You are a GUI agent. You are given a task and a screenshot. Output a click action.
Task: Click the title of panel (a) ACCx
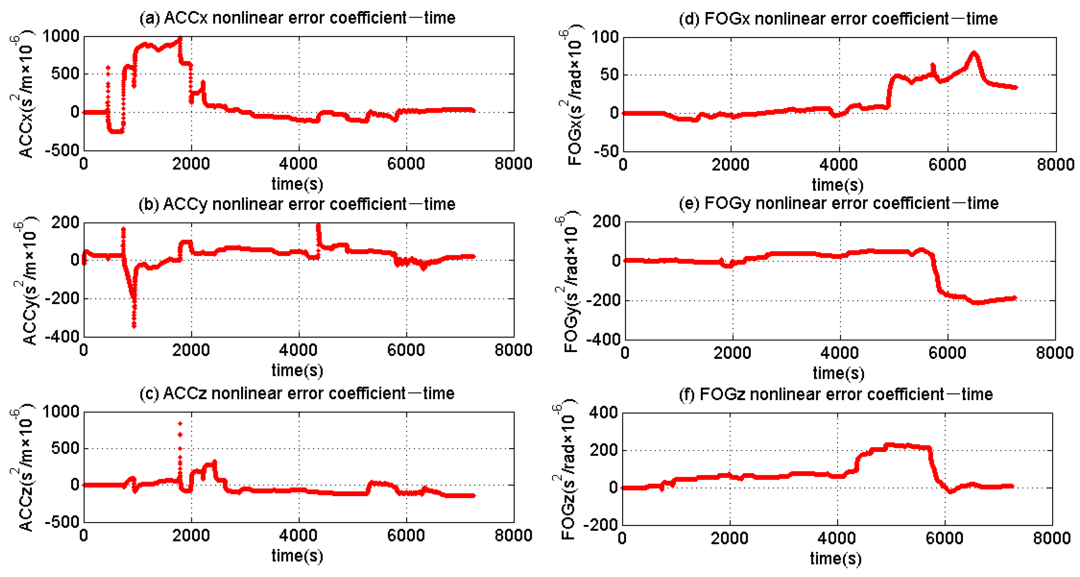(x=297, y=18)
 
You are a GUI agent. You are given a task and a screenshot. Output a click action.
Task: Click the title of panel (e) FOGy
(x=839, y=203)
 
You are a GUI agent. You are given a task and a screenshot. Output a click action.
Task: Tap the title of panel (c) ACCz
(x=297, y=393)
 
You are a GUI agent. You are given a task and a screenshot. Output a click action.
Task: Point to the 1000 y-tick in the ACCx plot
(x=61, y=36)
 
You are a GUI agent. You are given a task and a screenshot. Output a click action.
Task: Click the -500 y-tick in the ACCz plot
(x=61, y=522)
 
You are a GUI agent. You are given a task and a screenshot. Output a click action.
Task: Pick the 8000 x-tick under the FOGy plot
(x=1055, y=352)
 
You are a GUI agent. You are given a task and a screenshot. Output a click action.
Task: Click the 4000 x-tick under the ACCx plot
(x=298, y=164)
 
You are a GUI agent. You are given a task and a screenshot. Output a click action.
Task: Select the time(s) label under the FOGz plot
(x=836, y=559)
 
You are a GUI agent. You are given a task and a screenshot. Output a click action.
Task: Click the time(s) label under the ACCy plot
(x=297, y=370)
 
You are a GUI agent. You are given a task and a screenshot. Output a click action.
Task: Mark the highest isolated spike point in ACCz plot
(x=180, y=424)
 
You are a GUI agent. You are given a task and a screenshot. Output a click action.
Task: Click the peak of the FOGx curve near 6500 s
(x=973, y=53)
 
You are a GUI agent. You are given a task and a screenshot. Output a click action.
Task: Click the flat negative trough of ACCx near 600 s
(x=116, y=131)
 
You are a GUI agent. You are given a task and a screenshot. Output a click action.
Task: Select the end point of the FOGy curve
(x=1015, y=298)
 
